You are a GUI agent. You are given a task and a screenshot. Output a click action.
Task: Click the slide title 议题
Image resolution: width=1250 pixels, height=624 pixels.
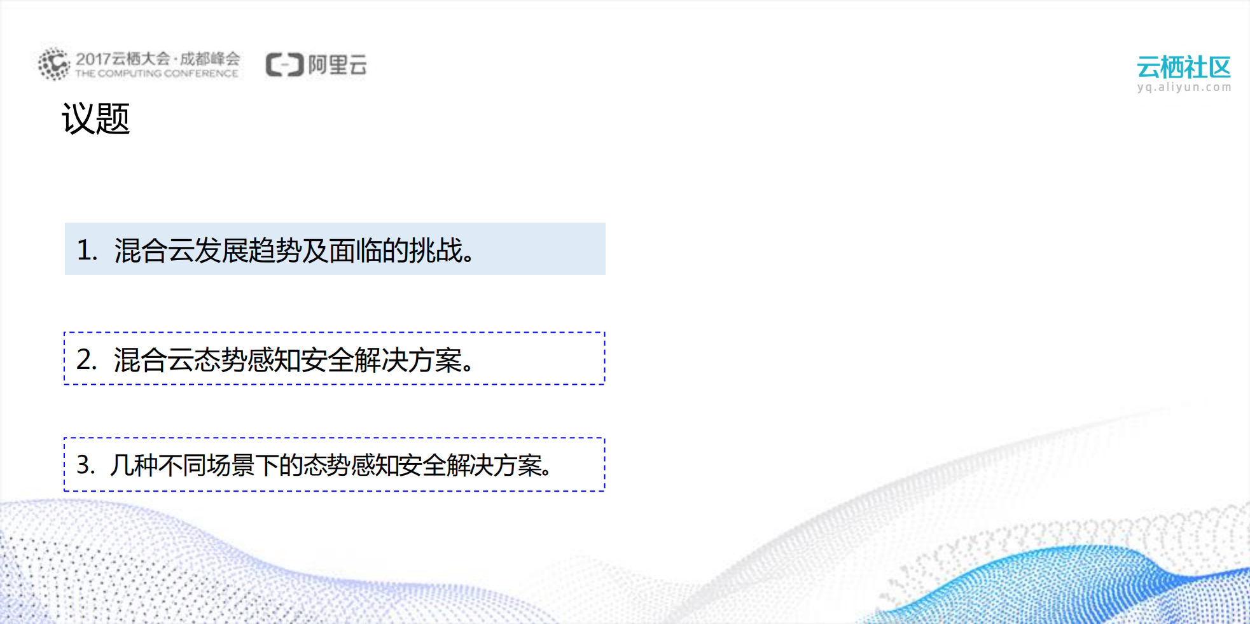pyautogui.click(x=95, y=119)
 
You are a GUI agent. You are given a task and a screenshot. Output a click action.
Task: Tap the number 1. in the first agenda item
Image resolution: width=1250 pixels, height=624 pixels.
pyautogui.click(x=87, y=250)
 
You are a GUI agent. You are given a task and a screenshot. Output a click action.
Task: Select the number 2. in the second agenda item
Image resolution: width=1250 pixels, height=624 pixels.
pyautogui.click(x=87, y=359)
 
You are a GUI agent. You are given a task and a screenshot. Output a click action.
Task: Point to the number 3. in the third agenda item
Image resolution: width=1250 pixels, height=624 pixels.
pyautogui.click(x=86, y=465)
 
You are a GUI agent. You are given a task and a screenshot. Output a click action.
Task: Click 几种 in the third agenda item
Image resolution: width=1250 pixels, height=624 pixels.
pyautogui.click(x=134, y=465)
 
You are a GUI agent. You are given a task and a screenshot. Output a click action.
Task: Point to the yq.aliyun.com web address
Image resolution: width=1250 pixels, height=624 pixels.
pyautogui.click(x=1184, y=87)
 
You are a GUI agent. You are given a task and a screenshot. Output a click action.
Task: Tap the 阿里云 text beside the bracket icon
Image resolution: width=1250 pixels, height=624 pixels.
pyautogui.click(x=337, y=65)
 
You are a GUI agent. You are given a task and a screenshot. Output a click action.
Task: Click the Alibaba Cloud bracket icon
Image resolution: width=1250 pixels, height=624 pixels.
pyautogui.click(x=284, y=65)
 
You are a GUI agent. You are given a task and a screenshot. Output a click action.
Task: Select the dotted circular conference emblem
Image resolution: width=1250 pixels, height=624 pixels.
pyautogui.click(x=53, y=64)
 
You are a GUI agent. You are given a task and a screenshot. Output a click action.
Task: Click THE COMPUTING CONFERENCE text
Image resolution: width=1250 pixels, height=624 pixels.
pyautogui.click(x=156, y=74)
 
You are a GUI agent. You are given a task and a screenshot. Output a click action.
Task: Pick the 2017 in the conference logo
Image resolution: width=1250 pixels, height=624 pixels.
pyautogui.click(x=94, y=59)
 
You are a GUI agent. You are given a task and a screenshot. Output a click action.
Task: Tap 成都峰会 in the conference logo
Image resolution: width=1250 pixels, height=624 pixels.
pyautogui.click(x=210, y=59)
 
